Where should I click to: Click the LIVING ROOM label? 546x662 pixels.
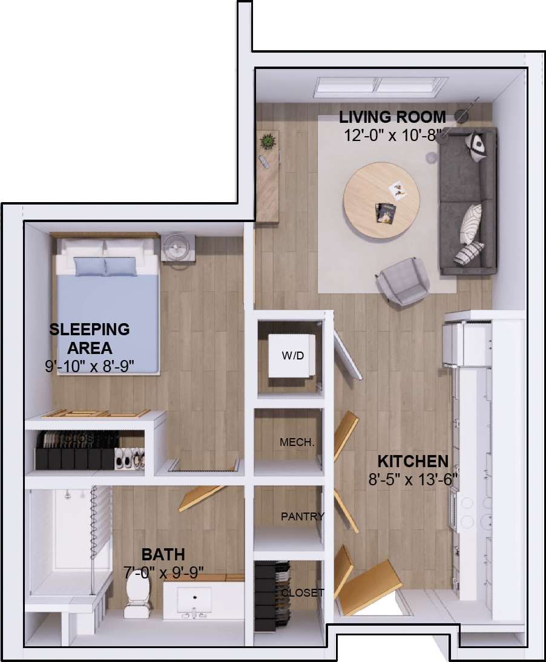[392, 117]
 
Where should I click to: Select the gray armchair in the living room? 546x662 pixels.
[403, 280]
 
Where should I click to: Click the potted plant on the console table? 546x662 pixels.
[266, 142]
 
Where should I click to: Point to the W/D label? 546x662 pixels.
[292, 355]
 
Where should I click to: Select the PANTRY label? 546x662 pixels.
[302, 516]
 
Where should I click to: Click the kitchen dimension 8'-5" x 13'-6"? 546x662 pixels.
[412, 479]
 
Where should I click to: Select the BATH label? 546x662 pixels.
[163, 554]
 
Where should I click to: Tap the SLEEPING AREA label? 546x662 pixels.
[90, 338]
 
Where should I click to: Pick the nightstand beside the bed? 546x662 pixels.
[178, 248]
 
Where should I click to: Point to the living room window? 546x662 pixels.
[381, 86]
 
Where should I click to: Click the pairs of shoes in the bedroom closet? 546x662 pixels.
[130, 458]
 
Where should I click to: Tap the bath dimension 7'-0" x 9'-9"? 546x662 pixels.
[164, 571]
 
